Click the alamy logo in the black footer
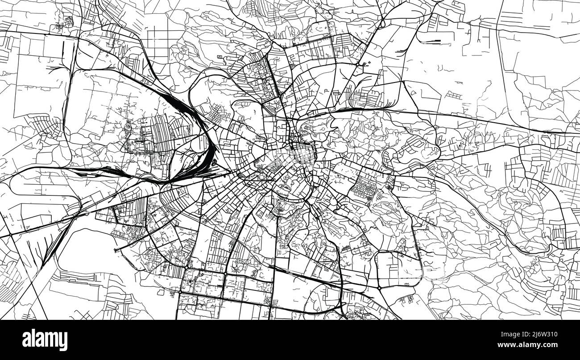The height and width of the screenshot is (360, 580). tap(45, 340)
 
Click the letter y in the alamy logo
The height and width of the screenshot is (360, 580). tap(64, 341)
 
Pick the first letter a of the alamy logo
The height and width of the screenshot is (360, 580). tap(26, 340)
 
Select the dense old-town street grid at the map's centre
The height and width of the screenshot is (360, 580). tap(286, 161)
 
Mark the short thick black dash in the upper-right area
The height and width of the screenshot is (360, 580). tap(430, 41)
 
